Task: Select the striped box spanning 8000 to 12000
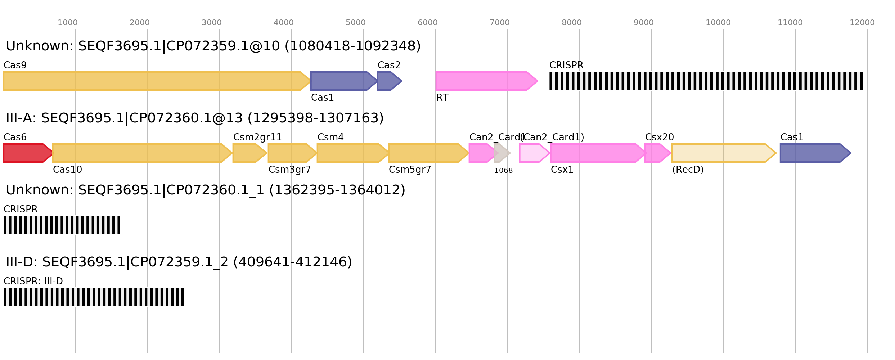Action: click(x=706, y=81)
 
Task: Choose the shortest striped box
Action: click(x=62, y=225)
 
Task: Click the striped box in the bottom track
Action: click(x=94, y=297)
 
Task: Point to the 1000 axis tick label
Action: click(x=68, y=23)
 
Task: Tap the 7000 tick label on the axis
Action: click(x=500, y=23)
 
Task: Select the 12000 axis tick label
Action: click(x=862, y=23)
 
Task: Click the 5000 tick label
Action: click(x=356, y=23)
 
